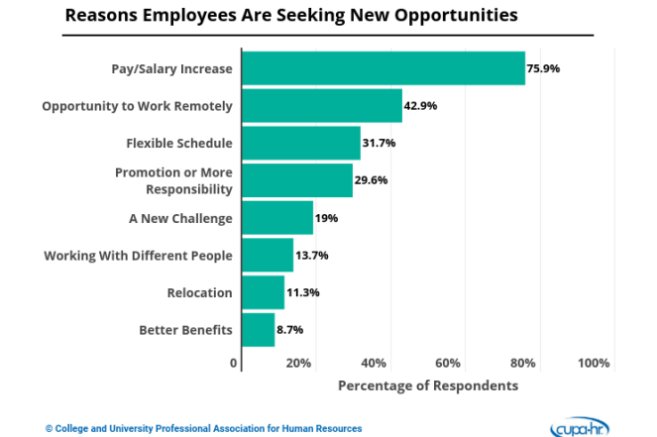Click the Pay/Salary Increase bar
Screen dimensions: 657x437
point(383,68)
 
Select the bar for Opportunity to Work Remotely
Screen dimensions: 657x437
point(322,106)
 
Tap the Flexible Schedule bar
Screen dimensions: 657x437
point(301,143)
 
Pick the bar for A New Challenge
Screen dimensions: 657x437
point(277,218)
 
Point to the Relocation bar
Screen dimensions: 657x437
point(264,292)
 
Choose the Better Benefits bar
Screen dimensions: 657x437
point(258,330)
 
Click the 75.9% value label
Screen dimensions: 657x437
point(543,68)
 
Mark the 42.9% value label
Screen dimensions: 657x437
point(420,106)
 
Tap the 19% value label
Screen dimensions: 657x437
point(326,218)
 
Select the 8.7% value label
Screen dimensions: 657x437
point(290,330)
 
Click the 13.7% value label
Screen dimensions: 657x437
point(312,255)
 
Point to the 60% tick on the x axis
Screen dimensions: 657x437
point(448,363)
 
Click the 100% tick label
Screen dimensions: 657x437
point(594,363)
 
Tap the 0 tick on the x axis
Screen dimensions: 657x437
point(234,363)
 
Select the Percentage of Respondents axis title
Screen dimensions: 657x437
point(428,385)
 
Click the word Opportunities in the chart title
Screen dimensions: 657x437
point(456,16)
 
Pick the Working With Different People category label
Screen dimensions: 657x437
point(139,256)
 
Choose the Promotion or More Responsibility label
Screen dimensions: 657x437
point(173,180)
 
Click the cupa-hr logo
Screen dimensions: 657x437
point(580,427)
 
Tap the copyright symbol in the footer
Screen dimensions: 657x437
point(49,429)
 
